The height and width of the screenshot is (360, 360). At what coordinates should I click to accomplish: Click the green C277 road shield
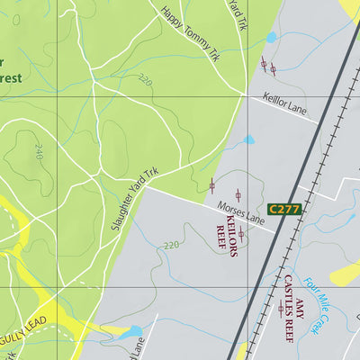(x=283, y=209)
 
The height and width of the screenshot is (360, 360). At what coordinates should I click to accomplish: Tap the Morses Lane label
(x=238, y=215)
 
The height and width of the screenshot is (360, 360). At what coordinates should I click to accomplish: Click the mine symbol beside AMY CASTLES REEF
(x=281, y=309)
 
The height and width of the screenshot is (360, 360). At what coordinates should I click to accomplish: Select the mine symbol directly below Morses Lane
(x=241, y=233)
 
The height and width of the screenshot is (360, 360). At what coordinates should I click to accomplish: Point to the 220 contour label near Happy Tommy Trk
(x=146, y=84)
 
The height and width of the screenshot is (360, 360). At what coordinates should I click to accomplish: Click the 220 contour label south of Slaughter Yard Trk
(x=172, y=244)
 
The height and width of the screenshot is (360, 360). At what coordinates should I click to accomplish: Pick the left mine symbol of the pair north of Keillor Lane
(x=264, y=64)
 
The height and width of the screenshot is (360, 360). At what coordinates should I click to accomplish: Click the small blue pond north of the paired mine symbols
(x=271, y=39)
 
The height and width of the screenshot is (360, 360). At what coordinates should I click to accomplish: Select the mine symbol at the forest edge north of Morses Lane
(x=211, y=185)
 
